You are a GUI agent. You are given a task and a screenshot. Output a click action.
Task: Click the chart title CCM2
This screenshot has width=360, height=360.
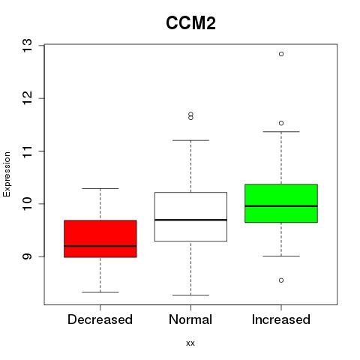[190, 23]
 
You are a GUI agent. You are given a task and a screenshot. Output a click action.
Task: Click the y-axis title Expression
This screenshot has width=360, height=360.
[7, 174]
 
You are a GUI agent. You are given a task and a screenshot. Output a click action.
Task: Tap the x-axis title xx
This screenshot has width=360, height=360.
[190, 343]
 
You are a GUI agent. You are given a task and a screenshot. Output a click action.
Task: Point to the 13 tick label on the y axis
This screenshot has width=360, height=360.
[27, 45]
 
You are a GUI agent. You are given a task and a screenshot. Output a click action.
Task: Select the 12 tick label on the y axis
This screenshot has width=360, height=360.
[27, 98]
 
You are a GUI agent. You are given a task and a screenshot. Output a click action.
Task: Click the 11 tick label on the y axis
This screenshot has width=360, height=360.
[27, 151]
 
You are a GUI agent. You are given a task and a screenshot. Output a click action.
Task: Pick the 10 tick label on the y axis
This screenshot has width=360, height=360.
[27, 204]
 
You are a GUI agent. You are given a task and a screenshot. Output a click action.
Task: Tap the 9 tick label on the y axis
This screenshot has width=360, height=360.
[27, 256]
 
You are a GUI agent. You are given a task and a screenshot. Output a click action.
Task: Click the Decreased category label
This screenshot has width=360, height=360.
[100, 319]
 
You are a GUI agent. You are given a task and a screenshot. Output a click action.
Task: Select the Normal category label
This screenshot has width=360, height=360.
[190, 319]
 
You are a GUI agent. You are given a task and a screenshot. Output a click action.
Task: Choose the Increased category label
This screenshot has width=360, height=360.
[281, 319]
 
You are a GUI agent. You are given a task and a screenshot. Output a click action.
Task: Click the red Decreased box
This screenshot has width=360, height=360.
[100, 238]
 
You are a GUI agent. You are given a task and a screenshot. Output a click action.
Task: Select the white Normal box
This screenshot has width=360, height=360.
[190, 217]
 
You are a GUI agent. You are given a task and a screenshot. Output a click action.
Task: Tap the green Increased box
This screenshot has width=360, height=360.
[281, 203]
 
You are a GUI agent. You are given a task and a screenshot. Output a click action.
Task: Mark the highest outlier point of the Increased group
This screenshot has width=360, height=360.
[281, 54]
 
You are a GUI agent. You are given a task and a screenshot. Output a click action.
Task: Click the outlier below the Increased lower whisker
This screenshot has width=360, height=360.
[281, 280]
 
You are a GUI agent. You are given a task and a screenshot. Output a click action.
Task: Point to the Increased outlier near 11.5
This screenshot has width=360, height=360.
[281, 123]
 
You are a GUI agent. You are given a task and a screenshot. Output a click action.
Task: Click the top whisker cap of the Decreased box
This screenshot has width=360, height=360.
[100, 188]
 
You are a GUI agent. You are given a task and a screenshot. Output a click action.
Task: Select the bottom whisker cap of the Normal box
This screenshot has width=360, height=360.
[190, 295]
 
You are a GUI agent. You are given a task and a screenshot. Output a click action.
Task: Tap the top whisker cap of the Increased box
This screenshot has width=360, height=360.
[281, 131]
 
